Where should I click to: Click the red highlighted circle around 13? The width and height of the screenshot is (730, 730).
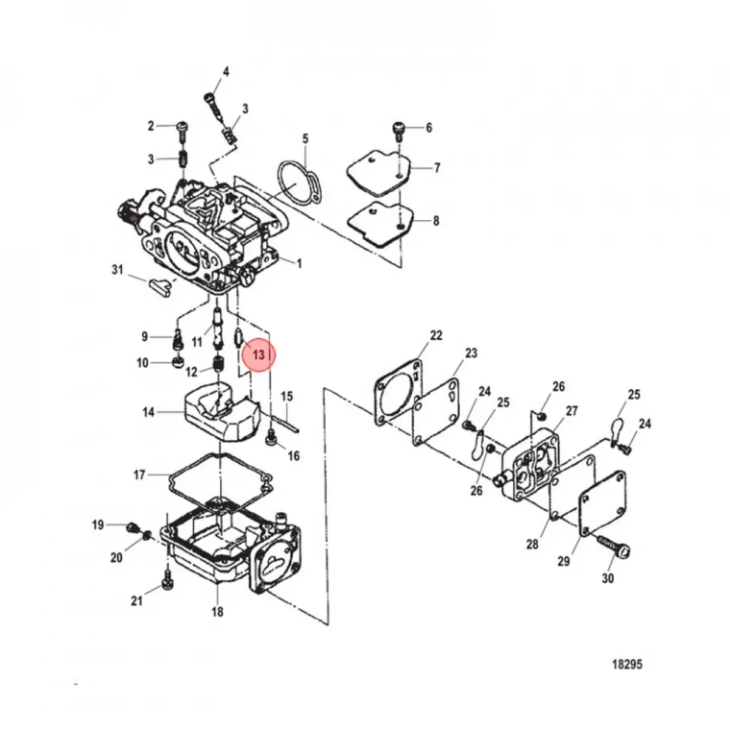tap(259, 355)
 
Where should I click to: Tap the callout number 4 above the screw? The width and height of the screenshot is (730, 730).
tap(226, 72)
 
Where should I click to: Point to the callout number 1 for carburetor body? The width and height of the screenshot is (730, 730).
tap(299, 263)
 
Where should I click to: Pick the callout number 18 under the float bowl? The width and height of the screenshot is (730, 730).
tap(217, 612)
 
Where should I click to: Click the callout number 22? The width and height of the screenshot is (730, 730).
tap(436, 336)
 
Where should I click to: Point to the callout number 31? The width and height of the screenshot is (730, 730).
tap(117, 269)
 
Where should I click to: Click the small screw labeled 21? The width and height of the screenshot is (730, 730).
tap(167, 585)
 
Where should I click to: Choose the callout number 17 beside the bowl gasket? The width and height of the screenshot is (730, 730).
tap(139, 474)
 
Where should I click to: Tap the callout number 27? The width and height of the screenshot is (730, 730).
tap(571, 411)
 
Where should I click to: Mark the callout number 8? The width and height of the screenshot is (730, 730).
tap(436, 221)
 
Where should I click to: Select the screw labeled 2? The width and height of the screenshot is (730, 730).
tap(182, 127)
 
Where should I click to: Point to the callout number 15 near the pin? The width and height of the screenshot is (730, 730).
tap(287, 397)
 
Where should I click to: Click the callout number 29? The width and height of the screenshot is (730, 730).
tap(564, 561)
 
